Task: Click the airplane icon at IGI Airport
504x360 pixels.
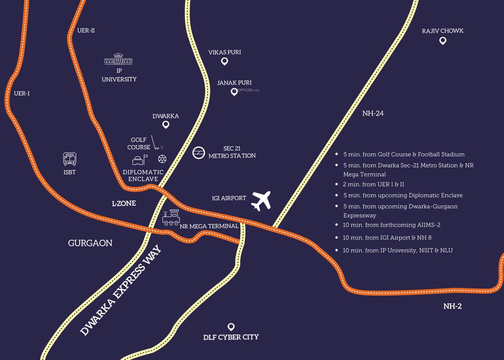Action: pyautogui.click(x=261, y=201)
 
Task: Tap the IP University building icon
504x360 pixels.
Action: pyautogui.click(x=118, y=59)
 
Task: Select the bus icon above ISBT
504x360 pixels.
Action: pyautogui.click(x=69, y=159)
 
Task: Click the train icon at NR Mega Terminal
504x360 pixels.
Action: pyautogui.click(x=171, y=217)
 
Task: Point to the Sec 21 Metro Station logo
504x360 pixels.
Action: pyautogui.click(x=199, y=152)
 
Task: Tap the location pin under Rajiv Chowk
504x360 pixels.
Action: pyautogui.click(x=443, y=41)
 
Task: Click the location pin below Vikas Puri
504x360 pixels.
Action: pyautogui.click(x=225, y=61)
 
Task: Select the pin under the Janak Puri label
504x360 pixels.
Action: pyautogui.click(x=234, y=92)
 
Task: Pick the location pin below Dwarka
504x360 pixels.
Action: pyautogui.click(x=165, y=125)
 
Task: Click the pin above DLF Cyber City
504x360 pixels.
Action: pyautogui.click(x=231, y=327)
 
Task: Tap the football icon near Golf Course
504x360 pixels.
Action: pyautogui.click(x=162, y=159)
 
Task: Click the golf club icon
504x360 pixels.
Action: pyautogui.click(x=155, y=143)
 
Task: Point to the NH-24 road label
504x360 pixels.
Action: pyautogui.click(x=373, y=113)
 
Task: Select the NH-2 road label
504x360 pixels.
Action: pyautogui.click(x=452, y=306)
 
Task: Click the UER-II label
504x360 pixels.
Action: pyautogui.click(x=86, y=30)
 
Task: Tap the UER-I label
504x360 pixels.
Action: pyautogui.click(x=22, y=93)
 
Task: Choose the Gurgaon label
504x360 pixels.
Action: pyautogui.click(x=90, y=243)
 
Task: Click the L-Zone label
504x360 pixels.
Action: pyautogui.click(x=124, y=203)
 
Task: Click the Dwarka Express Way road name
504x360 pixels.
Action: pyautogui.click(x=120, y=290)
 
